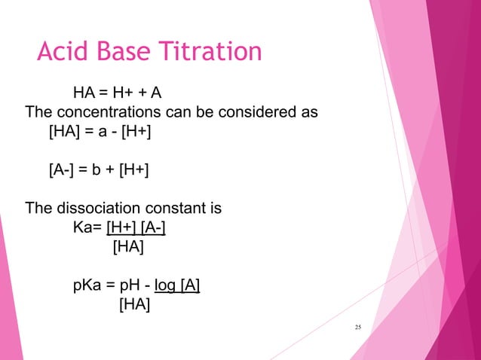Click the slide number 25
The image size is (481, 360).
pos(358,326)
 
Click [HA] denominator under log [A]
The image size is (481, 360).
pos(133,305)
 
